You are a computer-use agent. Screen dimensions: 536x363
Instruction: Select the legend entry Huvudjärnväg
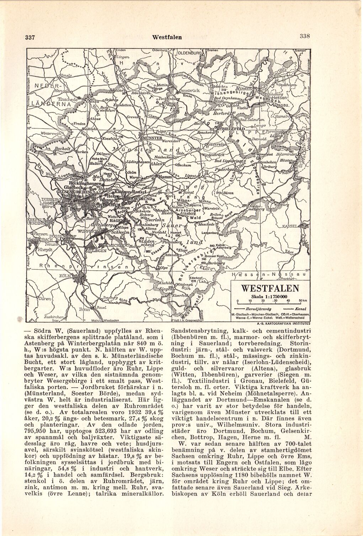click(x=265, y=309)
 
